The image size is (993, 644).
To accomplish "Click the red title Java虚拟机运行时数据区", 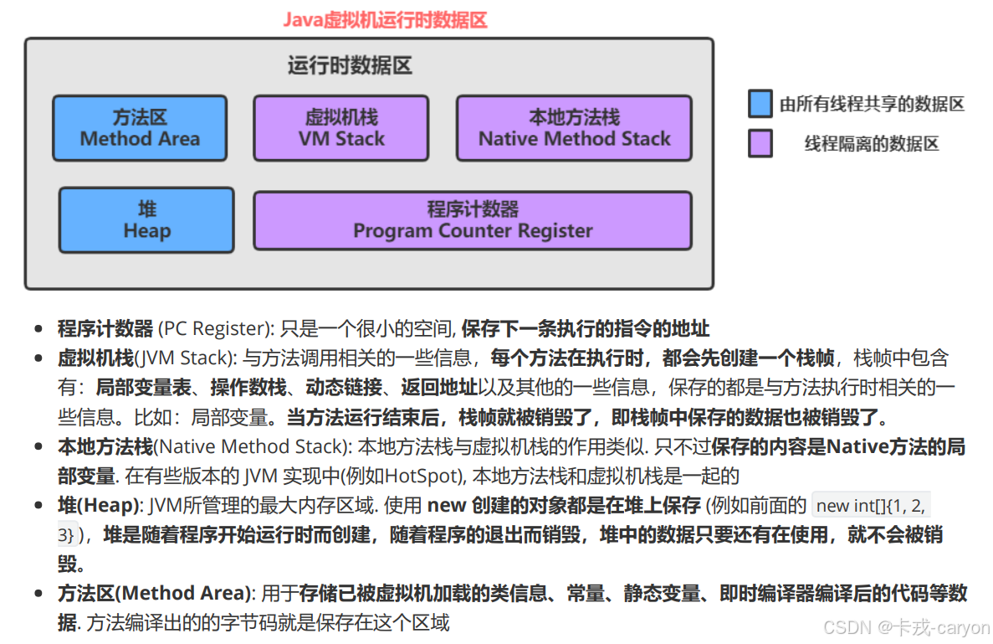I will (384, 19).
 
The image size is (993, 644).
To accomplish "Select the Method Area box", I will (140, 128).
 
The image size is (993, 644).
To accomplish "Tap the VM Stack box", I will (340, 128).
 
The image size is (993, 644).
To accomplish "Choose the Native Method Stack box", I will (574, 128).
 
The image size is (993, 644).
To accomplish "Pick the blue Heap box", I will (146, 219).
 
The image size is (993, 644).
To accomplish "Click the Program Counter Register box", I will (473, 220).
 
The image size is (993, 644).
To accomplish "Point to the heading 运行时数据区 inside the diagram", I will (350, 65).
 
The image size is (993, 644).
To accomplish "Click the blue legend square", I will (760, 104).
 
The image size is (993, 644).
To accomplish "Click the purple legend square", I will (760, 144).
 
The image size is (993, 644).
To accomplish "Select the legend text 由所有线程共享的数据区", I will (873, 104).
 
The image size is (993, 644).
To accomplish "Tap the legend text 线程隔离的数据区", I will (872, 144).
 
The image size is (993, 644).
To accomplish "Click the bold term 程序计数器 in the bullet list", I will (105, 328).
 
